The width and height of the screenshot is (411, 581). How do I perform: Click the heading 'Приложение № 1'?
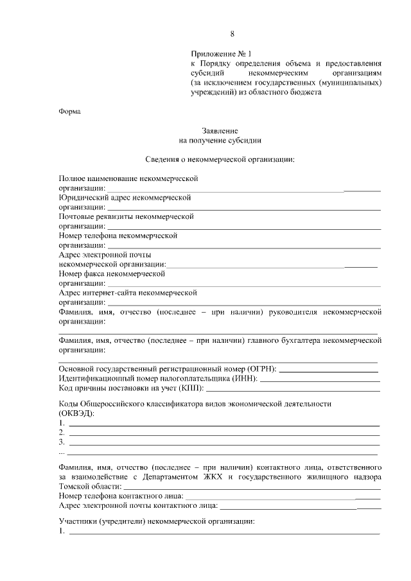click(218, 53)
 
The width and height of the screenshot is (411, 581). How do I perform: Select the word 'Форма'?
click(69, 111)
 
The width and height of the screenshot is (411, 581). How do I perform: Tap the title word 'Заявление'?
click(220, 130)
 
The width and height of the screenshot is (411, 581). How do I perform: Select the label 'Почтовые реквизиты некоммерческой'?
click(126, 216)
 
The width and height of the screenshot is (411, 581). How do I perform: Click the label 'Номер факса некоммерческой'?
click(112, 273)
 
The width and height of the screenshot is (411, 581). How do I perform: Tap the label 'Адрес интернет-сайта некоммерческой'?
click(127, 292)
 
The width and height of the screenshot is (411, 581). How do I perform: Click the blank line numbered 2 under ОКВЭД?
click(223, 434)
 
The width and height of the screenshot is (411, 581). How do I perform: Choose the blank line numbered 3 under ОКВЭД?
click(223, 444)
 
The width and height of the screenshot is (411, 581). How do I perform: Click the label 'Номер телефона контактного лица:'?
click(121, 496)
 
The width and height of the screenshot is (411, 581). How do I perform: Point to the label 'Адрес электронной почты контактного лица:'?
click(137, 506)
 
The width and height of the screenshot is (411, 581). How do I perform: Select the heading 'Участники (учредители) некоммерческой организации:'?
click(156, 521)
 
